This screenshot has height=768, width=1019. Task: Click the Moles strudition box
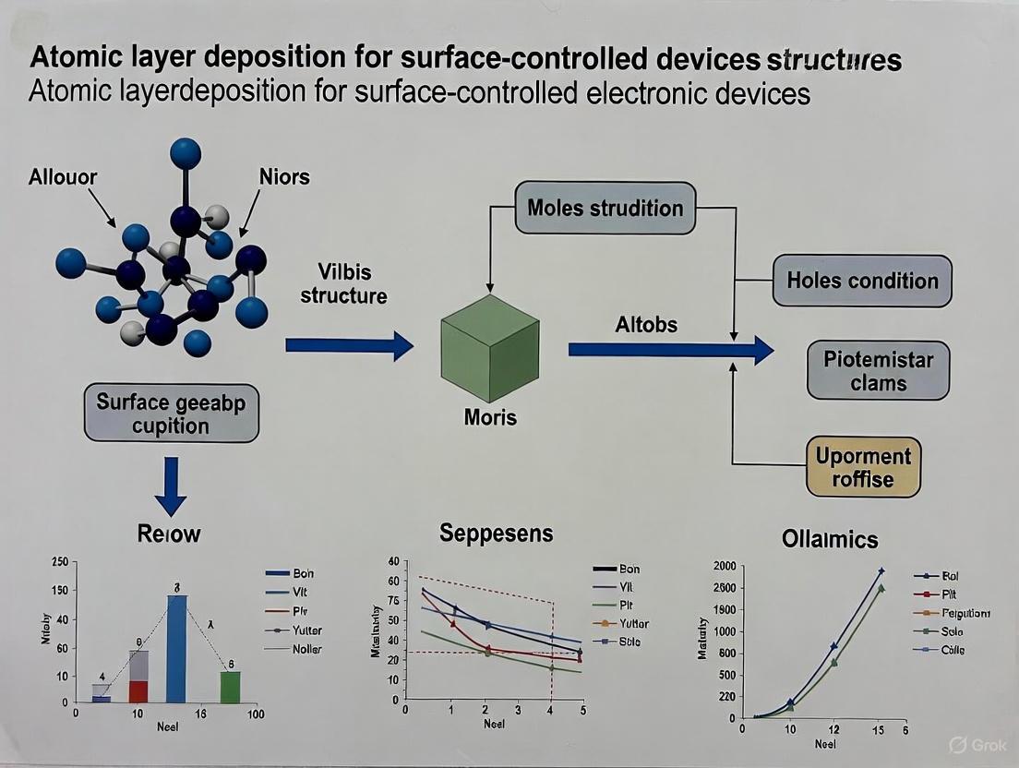point(605,208)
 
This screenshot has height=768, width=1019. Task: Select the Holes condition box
point(862,282)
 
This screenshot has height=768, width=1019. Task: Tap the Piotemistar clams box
point(878,371)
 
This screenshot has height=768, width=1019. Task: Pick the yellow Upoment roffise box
point(862,467)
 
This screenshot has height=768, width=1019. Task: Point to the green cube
point(489,347)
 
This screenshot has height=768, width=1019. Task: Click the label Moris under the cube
point(489,417)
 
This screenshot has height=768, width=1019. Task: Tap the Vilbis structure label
point(343,284)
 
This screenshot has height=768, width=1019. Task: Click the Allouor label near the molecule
point(63,176)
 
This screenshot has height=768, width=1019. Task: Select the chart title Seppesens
point(496,533)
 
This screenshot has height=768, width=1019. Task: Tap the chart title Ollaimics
point(829,539)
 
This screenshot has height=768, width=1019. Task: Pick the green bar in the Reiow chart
point(230,687)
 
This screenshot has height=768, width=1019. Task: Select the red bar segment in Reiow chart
point(138,691)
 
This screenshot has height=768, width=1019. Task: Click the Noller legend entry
point(307,649)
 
